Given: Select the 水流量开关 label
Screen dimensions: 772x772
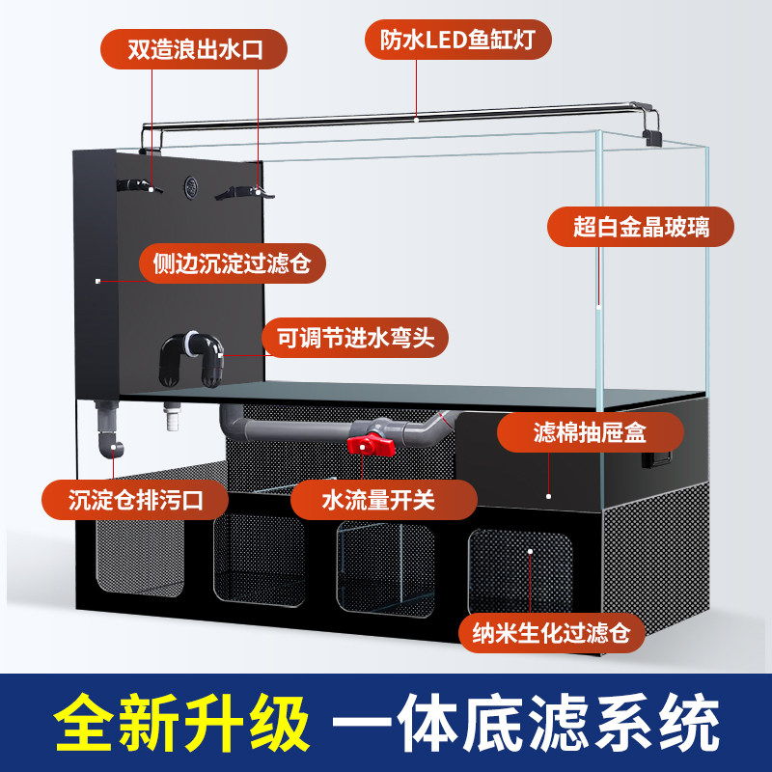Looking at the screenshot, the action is pos(386,500).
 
